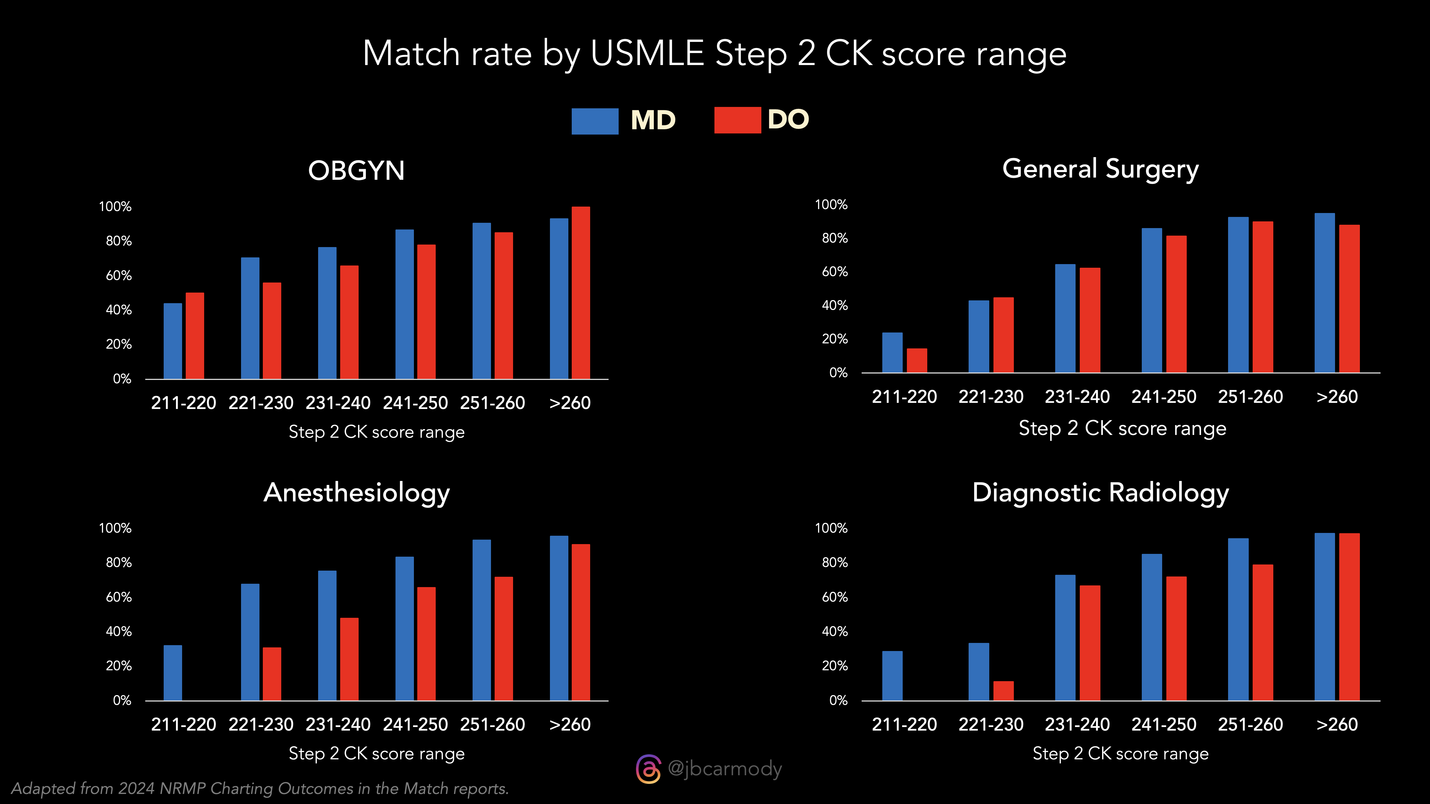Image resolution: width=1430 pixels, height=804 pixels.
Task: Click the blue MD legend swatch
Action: pyautogui.click(x=595, y=121)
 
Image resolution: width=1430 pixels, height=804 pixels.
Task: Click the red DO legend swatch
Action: pyautogui.click(x=737, y=120)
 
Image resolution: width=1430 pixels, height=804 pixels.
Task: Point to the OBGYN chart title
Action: pyautogui.click(x=356, y=170)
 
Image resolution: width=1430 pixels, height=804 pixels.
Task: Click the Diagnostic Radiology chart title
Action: pyautogui.click(x=1100, y=493)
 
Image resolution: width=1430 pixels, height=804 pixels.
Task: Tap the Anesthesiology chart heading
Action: pyautogui.click(x=356, y=493)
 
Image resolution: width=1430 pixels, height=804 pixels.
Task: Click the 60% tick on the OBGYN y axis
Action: pyautogui.click(x=119, y=276)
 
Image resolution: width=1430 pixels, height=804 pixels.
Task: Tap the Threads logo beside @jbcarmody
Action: pyautogui.click(x=648, y=769)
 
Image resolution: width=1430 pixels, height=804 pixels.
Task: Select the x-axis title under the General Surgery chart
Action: pyautogui.click(x=1122, y=428)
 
